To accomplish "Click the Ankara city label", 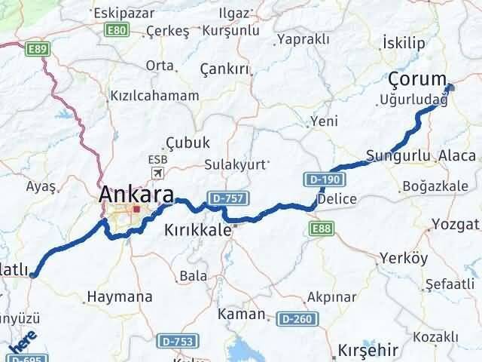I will [x=136, y=194].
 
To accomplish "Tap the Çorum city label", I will [x=417, y=79].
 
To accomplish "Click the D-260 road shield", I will [x=296, y=319].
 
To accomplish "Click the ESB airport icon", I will [x=158, y=173].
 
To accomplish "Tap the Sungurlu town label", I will [x=398, y=157].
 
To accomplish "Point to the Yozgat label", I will [x=456, y=225].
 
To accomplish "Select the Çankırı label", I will [x=224, y=69].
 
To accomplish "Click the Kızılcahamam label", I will [x=154, y=96].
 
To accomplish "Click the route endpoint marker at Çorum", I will [x=450, y=88].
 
